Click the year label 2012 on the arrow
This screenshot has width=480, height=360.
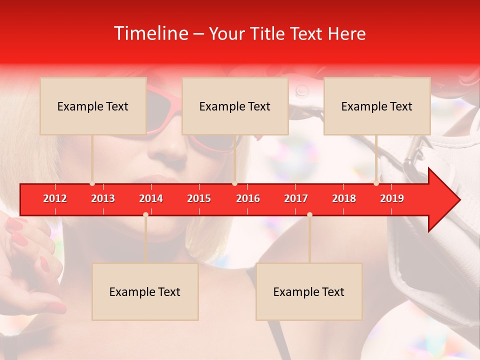[x=55, y=198]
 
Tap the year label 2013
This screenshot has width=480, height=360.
[x=103, y=198]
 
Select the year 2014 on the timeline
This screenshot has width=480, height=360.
[x=151, y=198]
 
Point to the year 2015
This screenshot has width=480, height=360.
[x=199, y=198]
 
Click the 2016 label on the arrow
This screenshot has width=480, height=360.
[x=248, y=198]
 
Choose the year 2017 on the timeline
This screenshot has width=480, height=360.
[x=296, y=198]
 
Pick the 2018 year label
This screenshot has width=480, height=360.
[x=344, y=198]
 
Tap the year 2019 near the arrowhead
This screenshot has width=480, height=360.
[x=392, y=198]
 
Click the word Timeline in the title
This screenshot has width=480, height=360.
[x=150, y=33]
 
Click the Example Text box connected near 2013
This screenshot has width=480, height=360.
[x=93, y=106]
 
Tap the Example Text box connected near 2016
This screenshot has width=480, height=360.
[x=235, y=106]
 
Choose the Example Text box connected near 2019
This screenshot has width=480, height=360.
[x=377, y=106]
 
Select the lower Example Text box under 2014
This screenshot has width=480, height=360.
[x=145, y=291]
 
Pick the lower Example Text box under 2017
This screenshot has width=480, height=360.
[x=309, y=291]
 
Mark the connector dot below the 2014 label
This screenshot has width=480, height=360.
[x=145, y=214]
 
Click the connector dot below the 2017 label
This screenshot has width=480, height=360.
[x=309, y=214]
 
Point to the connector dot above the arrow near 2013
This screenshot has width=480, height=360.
[x=92, y=183]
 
